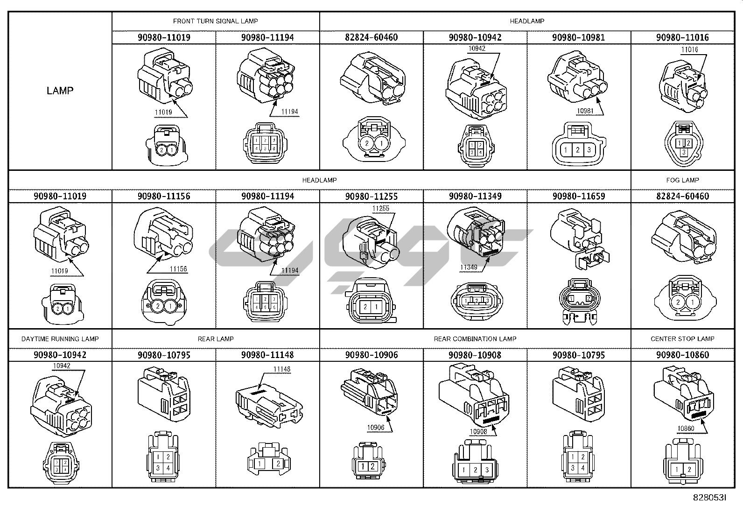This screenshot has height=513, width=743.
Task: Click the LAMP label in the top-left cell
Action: [x=60, y=91]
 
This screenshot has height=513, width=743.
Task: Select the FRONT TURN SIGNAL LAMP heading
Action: [x=215, y=21]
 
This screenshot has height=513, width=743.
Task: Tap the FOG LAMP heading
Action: [x=682, y=180]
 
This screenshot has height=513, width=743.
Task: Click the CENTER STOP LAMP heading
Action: [x=682, y=339]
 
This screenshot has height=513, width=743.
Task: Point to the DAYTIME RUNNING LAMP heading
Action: [x=60, y=339]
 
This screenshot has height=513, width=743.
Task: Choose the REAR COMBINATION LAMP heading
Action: [x=475, y=339]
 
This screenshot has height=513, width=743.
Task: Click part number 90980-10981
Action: [x=579, y=37]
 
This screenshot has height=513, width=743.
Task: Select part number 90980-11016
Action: [x=682, y=37]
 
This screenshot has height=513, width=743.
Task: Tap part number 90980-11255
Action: [x=371, y=197]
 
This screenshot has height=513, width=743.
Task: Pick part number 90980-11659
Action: [x=579, y=197]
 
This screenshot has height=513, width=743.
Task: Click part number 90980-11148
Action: [x=267, y=355]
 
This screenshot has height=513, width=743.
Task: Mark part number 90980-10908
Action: [x=475, y=355]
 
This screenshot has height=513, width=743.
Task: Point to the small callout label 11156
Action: [x=178, y=269]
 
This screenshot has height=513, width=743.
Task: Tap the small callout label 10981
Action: [x=585, y=111]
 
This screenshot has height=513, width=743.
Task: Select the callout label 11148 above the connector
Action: [x=282, y=369]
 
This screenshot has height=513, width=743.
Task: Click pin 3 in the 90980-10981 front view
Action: [x=589, y=150]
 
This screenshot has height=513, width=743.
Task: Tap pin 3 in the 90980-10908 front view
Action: [x=487, y=470]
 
